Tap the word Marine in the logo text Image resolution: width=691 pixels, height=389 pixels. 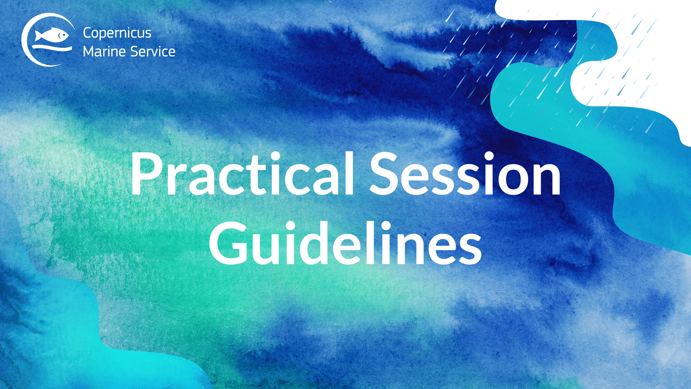[x=104, y=52]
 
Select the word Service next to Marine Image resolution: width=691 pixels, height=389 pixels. [x=153, y=52]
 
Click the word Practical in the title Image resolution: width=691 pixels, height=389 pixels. [x=242, y=174]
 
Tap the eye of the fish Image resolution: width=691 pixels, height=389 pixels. [x=60, y=35]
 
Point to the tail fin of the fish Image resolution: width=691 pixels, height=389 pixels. [x=38, y=36]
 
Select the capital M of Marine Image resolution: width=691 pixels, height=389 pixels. [x=89, y=52]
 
